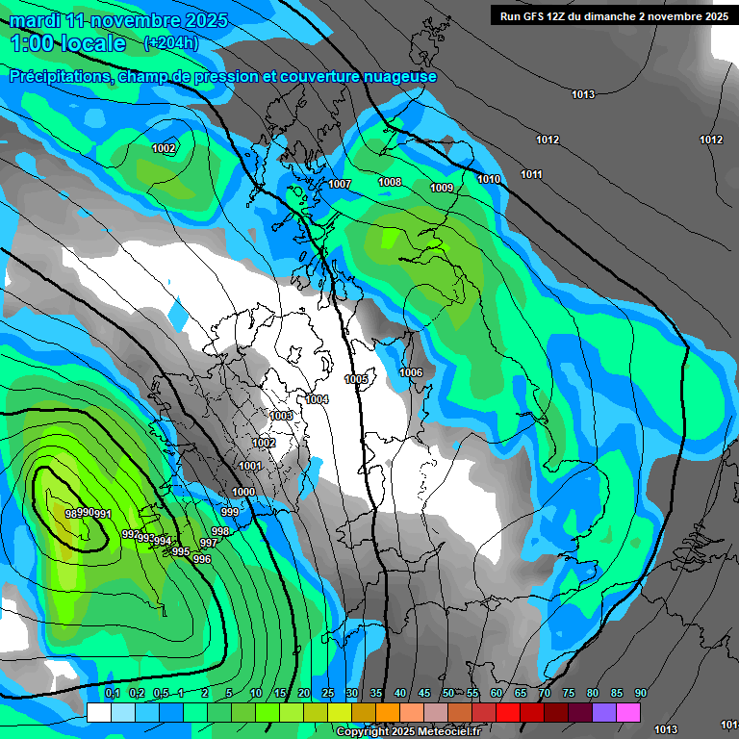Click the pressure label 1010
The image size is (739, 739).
(x=489, y=179)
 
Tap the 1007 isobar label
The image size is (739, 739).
(x=340, y=184)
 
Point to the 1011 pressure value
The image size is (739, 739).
(x=531, y=174)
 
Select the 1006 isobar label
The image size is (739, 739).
(x=411, y=372)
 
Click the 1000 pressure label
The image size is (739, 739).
(x=243, y=492)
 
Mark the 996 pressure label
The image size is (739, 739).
(x=202, y=559)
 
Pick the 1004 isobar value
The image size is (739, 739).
(x=318, y=399)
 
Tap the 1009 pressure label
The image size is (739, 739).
(x=442, y=188)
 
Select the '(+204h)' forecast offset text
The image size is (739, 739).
(x=171, y=43)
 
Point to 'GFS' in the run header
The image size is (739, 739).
(x=534, y=16)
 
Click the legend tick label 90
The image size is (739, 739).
(x=641, y=694)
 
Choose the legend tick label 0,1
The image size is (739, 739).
(x=112, y=694)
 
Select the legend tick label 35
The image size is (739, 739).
(x=376, y=694)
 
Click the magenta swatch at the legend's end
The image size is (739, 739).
(x=628, y=712)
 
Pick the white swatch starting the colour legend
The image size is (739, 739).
(x=98, y=712)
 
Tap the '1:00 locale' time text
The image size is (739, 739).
(x=67, y=43)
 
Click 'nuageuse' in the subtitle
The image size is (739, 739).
(x=398, y=77)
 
